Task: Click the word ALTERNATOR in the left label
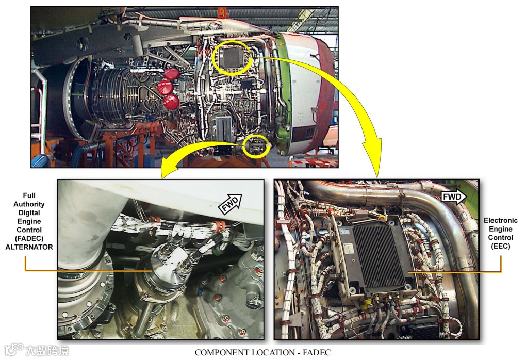(29, 247)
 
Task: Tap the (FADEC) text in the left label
(29, 239)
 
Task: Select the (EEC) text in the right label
(501, 246)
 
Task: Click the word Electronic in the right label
(501, 220)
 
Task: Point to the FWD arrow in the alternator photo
(231, 204)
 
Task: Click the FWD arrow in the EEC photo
(453, 197)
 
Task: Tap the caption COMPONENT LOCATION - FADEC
(262, 353)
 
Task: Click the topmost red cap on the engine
(171, 74)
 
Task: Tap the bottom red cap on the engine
(171, 102)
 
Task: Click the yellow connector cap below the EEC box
(366, 304)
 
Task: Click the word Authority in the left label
(29, 204)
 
